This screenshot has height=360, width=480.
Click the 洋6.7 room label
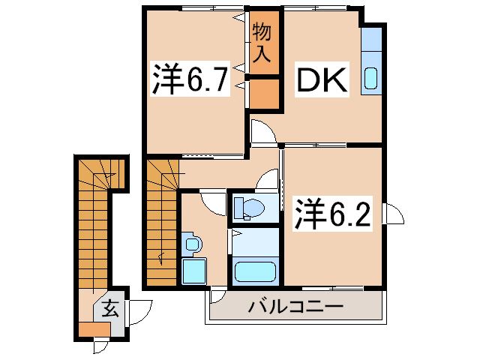point(190,79)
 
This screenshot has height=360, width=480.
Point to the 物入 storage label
point(261,43)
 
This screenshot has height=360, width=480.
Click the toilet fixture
point(247,206)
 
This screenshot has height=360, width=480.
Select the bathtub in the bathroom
point(255,271)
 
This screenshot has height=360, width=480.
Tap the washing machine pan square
point(193,271)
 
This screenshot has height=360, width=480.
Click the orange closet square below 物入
point(263,94)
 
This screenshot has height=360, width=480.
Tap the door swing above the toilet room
point(265,182)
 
